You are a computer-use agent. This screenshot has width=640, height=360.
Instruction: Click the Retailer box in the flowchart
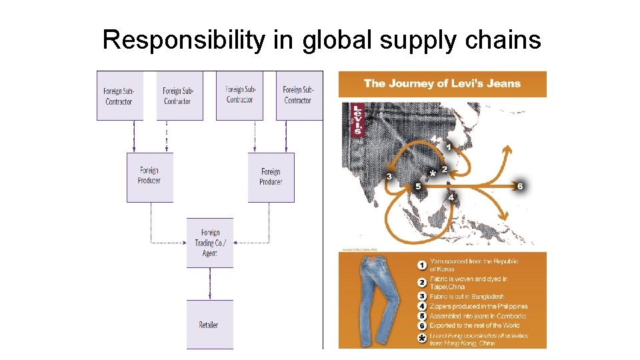pos(209,324)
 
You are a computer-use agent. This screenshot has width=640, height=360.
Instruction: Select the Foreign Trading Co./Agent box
pos(209,243)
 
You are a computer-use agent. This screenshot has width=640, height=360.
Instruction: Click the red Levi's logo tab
pos(357,119)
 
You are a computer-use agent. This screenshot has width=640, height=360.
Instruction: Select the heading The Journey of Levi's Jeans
pos(442,84)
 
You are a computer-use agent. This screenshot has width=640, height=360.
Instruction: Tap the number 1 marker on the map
pos(449,146)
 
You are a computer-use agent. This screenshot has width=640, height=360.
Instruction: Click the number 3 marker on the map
pos(389,177)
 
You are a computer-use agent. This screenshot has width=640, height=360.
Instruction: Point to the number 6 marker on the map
pos(520,186)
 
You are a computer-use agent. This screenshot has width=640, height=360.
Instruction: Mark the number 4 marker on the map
pos(451,197)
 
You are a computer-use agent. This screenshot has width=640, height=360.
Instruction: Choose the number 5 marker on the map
pos(418,186)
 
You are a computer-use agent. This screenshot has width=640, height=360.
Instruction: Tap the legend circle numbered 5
pos(421,316)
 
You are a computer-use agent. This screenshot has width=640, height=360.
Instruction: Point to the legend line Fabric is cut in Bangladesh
pos(467,297)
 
